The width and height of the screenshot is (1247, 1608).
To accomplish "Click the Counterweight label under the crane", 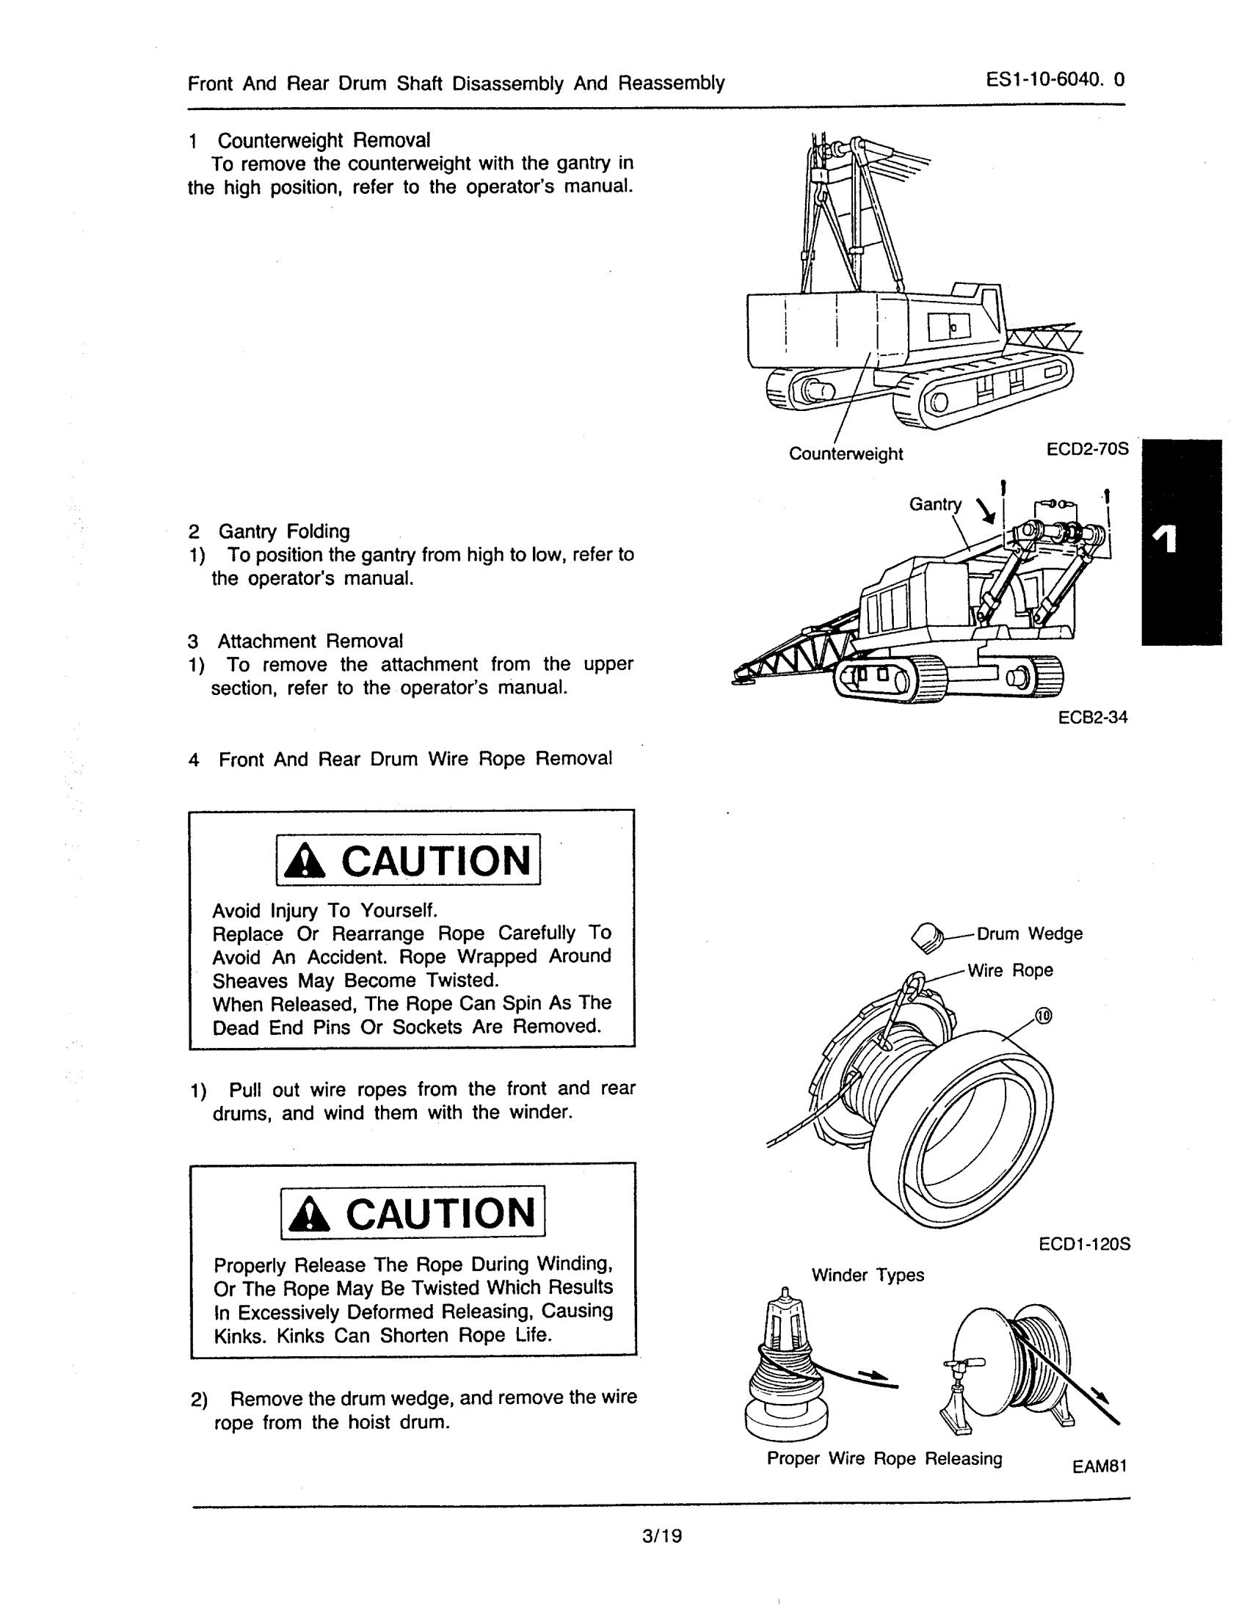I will tap(845, 454).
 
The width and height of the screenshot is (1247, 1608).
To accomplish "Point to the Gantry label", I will tap(935, 504).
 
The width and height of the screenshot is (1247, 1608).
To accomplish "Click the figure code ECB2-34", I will tap(1092, 717).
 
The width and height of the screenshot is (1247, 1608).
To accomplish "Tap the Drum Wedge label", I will tap(1029, 934).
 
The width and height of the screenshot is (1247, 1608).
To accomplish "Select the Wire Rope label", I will tap(1010, 970).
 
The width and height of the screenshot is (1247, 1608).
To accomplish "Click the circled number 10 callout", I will tap(1044, 1016).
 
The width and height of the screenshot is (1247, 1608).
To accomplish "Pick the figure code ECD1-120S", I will tap(1084, 1244).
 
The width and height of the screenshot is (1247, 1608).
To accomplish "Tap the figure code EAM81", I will tap(1099, 1466).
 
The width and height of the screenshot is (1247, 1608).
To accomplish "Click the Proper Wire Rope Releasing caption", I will tap(884, 1458).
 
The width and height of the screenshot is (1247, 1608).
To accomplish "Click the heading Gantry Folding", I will tap(283, 531).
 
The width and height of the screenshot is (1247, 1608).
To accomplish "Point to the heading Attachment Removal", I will tap(310, 641).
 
